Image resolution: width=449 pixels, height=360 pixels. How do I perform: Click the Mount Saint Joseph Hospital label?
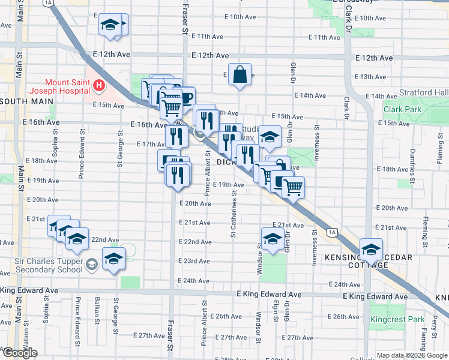coord(68,83)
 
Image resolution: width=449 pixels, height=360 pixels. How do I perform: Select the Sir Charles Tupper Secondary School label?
coord(48,265)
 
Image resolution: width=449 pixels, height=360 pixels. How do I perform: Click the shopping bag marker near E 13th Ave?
coord(240,75)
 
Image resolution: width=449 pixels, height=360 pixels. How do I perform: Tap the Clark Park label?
coord(403,110)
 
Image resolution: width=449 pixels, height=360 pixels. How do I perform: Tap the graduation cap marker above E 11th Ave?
coord(110,25)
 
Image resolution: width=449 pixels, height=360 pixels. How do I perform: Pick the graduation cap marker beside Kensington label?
coord(371,248)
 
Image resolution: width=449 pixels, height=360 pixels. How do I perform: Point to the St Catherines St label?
coord(233,213)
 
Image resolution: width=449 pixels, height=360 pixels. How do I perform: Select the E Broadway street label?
coord(349,3)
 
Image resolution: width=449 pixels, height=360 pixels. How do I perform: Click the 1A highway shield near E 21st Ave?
coord(331,232)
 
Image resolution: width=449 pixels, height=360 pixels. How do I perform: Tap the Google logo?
coord(20,353)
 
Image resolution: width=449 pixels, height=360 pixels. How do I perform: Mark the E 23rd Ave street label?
coord(196,261)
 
